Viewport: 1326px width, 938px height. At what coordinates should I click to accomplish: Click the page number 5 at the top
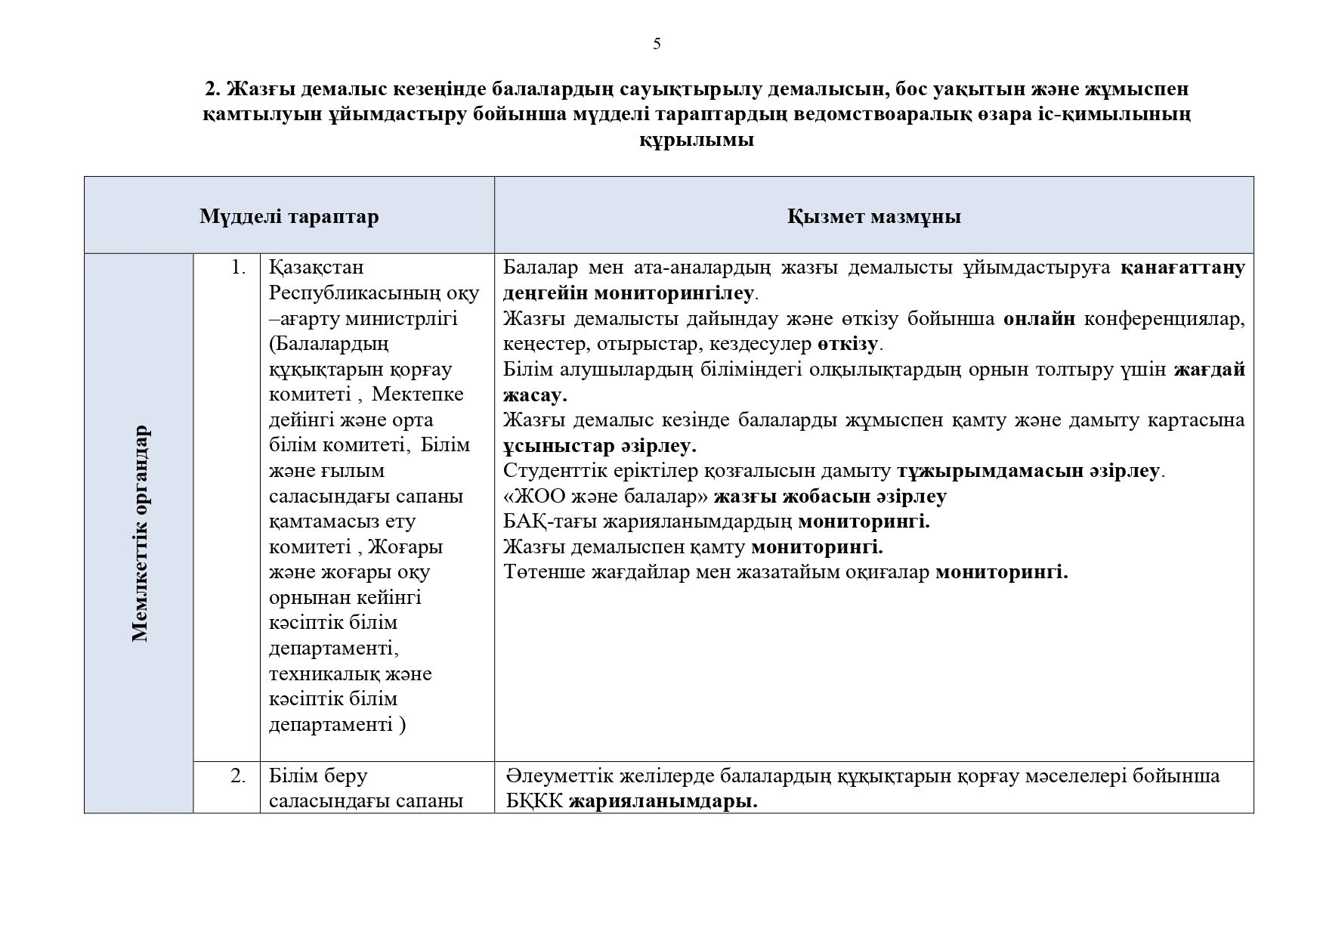coord(657,44)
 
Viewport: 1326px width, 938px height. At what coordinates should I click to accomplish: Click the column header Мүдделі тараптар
coord(289,217)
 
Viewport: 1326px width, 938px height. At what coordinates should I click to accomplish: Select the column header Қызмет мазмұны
coord(873,217)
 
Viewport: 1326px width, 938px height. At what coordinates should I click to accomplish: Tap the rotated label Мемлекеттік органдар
coord(140,534)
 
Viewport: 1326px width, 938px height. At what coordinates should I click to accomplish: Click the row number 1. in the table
coord(238,268)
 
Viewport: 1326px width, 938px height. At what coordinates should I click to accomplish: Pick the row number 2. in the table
coord(238,776)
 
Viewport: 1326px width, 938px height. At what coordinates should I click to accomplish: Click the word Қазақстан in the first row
coord(317,268)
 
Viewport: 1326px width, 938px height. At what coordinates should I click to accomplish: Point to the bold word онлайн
coord(1039,319)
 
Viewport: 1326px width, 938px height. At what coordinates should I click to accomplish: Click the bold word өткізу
coord(847,345)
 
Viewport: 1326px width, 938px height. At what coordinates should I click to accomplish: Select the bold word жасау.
coord(534,395)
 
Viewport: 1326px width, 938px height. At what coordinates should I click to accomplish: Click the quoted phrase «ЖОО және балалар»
coord(605,497)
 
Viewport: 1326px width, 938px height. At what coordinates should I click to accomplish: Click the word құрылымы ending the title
coord(696,141)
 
